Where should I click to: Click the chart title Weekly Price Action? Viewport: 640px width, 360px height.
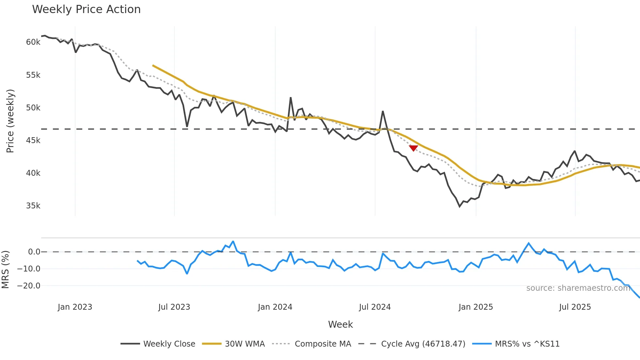pos(86,9)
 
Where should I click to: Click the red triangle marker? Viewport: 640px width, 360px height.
pos(413,148)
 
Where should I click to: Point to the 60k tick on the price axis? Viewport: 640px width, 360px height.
pos(33,42)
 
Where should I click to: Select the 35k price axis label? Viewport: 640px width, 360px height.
pos(33,206)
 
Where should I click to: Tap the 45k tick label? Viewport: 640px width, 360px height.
pos(33,140)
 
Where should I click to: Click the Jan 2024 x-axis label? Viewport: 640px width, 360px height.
pos(275,307)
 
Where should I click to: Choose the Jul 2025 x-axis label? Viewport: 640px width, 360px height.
pos(575,307)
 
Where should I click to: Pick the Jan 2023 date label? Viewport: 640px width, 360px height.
pos(75,307)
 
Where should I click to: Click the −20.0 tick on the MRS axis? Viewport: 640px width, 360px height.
pos(28,286)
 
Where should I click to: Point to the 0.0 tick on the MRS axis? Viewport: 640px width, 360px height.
pos(34,252)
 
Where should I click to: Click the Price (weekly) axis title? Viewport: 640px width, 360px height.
pos(10,121)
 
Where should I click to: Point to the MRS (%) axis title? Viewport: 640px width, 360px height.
pos(5,270)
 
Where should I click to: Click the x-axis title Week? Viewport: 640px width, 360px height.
pos(340,324)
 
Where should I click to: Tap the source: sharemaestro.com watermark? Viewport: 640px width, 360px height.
pos(578,288)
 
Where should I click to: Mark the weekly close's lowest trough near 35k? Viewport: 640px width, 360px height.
pos(460,206)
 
